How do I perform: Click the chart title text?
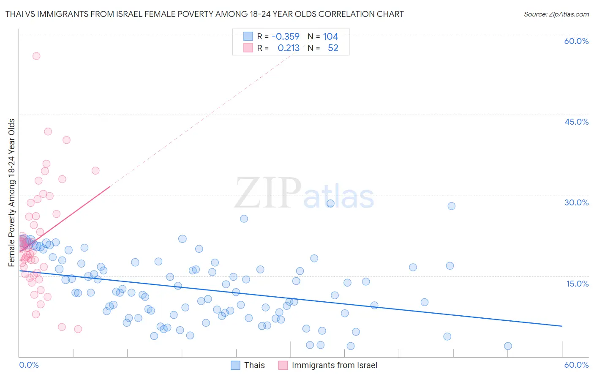click(x=204, y=14)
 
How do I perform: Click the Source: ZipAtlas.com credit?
click(x=556, y=14)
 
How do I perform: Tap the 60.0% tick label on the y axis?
click(x=576, y=41)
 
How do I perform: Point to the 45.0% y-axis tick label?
click(x=576, y=122)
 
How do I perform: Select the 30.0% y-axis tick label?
click(x=576, y=202)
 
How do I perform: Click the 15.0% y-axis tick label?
click(x=577, y=283)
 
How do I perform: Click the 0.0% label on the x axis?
click(x=29, y=365)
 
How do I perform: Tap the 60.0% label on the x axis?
click(x=576, y=365)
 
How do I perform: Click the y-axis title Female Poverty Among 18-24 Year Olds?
click(x=12, y=193)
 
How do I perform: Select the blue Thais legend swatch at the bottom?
click(x=236, y=365)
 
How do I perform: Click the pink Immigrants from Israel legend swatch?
click(x=283, y=365)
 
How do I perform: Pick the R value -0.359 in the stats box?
click(x=286, y=37)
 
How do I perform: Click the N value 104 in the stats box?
click(x=330, y=37)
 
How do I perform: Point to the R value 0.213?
click(x=289, y=48)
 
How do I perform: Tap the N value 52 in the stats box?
click(x=333, y=48)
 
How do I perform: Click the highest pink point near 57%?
click(x=36, y=56)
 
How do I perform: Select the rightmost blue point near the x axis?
click(x=508, y=346)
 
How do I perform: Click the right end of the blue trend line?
click(x=562, y=326)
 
